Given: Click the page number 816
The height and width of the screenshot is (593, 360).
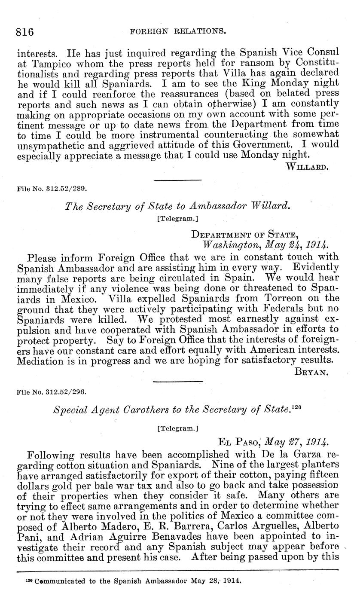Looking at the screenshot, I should pyautogui.click(x=24, y=32).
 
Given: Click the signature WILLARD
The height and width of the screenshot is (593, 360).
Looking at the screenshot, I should pyautogui.click(x=307, y=167).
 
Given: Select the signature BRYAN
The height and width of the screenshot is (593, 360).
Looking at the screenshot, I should pyautogui.click(x=311, y=372).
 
